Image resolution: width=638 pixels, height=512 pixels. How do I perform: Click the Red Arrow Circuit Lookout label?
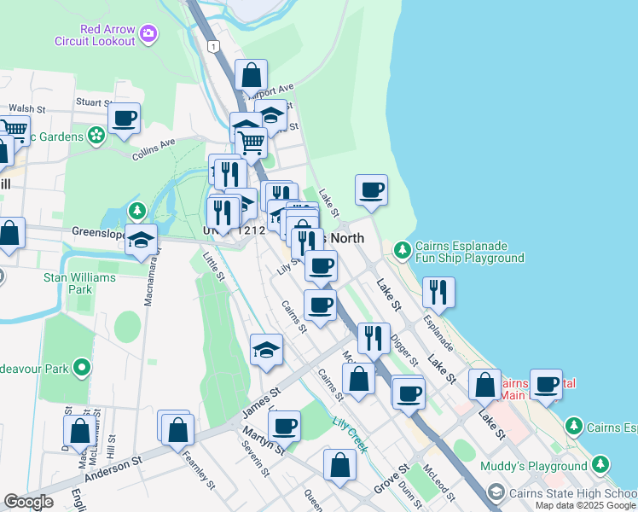[x=107, y=35]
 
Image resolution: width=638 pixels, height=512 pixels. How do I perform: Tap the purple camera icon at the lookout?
[x=149, y=34]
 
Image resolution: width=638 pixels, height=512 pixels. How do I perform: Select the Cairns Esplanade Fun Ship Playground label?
[x=469, y=251]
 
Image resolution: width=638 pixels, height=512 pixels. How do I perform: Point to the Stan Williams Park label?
[x=67, y=283]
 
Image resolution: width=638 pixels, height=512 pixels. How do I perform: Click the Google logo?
[x=28, y=502]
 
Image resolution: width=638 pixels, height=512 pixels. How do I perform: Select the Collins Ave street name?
[x=154, y=150]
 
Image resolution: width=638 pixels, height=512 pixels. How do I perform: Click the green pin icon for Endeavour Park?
[x=82, y=368]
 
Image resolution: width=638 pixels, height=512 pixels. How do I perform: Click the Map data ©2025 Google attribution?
[x=585, y=505]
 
